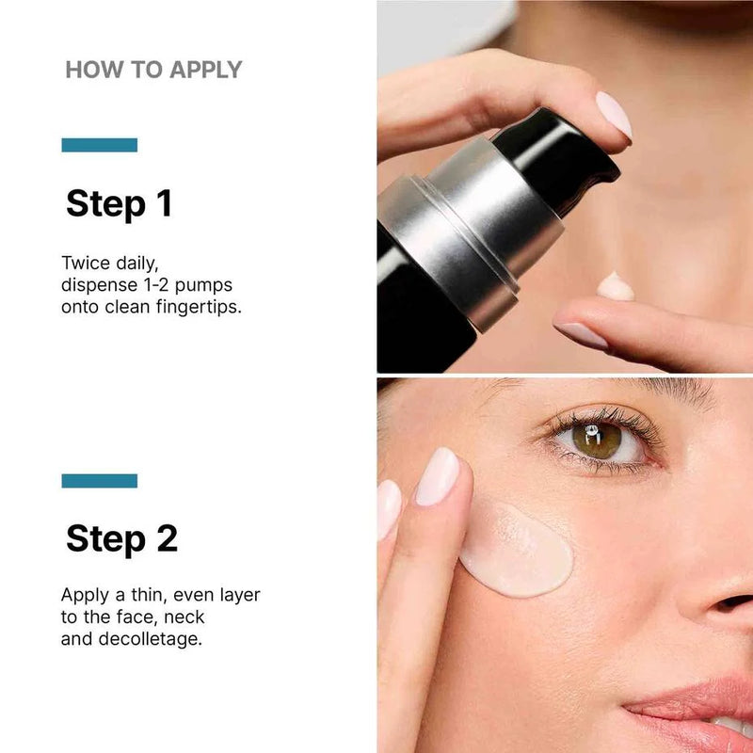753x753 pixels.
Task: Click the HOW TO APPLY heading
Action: pos(153,70)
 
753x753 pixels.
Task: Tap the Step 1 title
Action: pos(120,203)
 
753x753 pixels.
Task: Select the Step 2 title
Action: pos(121,538)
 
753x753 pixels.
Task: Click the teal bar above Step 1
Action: pos(100,145)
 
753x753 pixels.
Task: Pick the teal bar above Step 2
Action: pos(100,480)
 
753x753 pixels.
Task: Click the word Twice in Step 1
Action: pos(86,262)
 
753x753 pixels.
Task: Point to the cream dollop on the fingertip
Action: pos(616,286)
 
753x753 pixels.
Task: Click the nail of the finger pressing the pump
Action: pos(614,113)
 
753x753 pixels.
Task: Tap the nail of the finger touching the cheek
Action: pos(437,476)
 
